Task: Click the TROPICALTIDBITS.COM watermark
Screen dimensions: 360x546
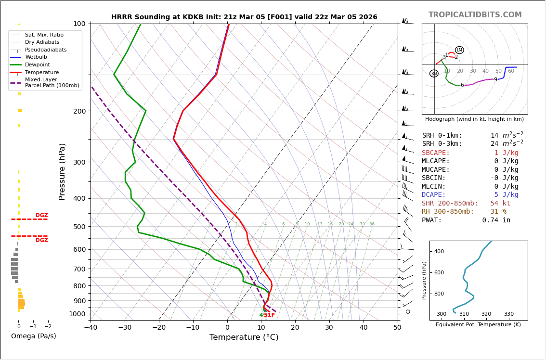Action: (x=475, y=15)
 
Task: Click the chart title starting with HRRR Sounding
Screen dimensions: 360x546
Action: (x=244, y=17)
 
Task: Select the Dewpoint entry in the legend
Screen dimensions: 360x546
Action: (x=38, y=65)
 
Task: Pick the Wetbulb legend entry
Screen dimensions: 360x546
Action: (x=36, y=57)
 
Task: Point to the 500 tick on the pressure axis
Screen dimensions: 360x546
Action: (x=79, y=227)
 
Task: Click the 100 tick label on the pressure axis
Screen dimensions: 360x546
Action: (x=79, y=24)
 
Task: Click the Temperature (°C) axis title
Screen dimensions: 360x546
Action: (x=244, y=337)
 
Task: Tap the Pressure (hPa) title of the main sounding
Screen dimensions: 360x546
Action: (x=62, y=171)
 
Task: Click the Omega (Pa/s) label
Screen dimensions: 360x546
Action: (x=34, y=336)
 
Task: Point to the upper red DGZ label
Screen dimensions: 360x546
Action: (x=41, y=215)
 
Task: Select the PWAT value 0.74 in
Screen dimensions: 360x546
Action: (x=496, y=220)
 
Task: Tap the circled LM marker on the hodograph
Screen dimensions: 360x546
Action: (x=459, y=50)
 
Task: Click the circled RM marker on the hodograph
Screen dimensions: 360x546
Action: (x=434, y=74)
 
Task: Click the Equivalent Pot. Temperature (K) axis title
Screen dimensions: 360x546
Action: (x=478, y=325)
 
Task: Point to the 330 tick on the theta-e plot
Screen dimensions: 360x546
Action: (x=508, y=314)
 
